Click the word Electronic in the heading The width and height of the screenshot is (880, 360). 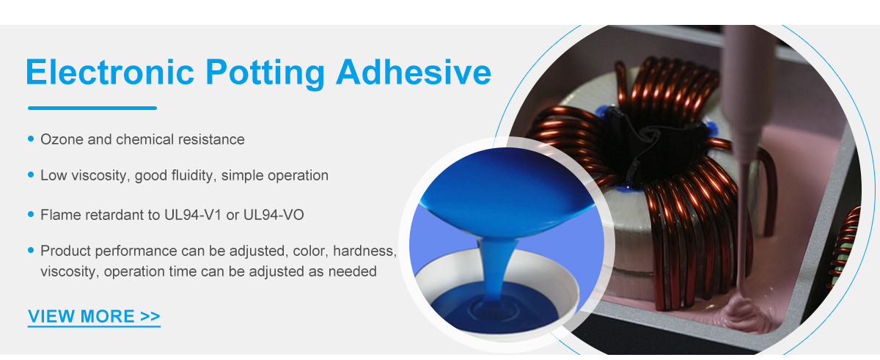(110, 72)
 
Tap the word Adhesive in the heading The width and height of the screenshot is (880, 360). (414, 72)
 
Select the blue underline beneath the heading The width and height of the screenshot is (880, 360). (92, 108)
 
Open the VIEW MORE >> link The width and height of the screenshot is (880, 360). (94, 317)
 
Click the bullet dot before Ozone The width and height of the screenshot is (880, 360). (31, 139)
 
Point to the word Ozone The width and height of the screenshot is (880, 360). (62, 139)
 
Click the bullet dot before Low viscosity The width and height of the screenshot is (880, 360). (31, 175)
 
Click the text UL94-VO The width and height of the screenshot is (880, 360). (274, 215)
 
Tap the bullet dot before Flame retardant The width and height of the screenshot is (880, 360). (31, 214)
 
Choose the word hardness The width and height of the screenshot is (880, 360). (365, 251)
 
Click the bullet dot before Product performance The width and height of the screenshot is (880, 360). (31, 250)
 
